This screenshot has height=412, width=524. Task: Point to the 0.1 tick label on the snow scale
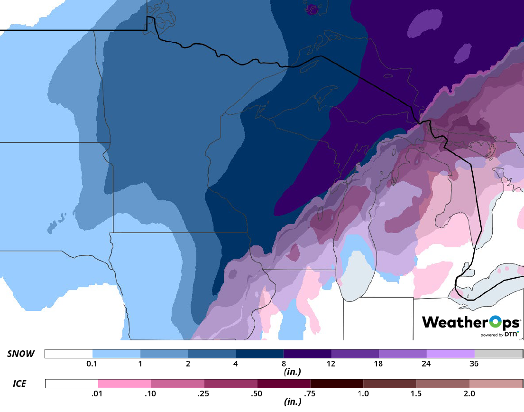click(92, 364)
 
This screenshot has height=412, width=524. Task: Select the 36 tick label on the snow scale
click(474, 364)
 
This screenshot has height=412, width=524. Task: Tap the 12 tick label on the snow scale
click(331, 364)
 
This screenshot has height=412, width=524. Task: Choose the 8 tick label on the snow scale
click(284, 364)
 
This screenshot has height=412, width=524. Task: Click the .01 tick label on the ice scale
click(98, 394)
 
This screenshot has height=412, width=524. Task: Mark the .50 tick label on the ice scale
click(257, 394)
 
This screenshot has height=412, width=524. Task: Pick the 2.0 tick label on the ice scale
click(469, 394)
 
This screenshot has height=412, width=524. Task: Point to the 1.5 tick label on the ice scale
click(416, 394)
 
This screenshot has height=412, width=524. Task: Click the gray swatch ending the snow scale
click(498, 354)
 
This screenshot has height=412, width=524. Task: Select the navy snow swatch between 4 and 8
click(259, 354)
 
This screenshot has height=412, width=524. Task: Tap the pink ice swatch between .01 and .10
click(124, 384)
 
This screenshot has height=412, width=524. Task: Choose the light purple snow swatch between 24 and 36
click(450, 354)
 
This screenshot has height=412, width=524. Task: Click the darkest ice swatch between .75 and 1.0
click(337, 384)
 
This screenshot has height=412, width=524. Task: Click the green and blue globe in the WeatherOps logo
click(495, 322)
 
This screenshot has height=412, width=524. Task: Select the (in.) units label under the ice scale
click(292, 402)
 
